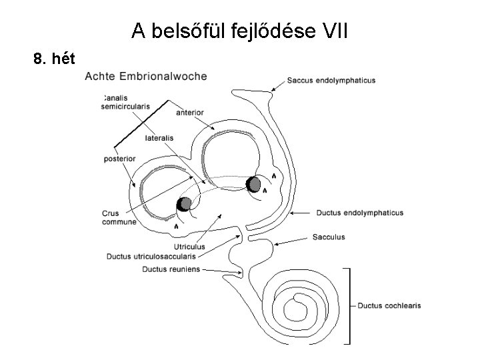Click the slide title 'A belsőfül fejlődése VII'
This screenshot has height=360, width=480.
pyautogui.click(x=239, y=30)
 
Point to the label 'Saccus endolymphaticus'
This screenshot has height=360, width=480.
pyautogui.click(x=331, y=81)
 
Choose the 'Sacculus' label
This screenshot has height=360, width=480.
pyautogui.click(x=329, y=237)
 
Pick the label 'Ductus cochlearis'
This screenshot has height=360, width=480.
pyautogui.click(x=389, y=306)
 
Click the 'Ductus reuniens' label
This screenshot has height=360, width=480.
pyautogui.click(x=171, y=269)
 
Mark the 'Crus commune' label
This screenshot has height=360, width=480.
pyautogui.click(x=119, y=218)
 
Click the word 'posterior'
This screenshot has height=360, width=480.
pyautogui.click(x=120, y=159)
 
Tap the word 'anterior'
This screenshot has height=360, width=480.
pyautogui.click(x=190, y=113)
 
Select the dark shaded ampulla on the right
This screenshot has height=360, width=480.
pyautogui.click(x=253, y=184)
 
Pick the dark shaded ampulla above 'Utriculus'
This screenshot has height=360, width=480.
pyautogui.click(x=184, y=204)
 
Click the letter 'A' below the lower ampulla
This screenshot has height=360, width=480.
pyautogui.click(x=176, y=227)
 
